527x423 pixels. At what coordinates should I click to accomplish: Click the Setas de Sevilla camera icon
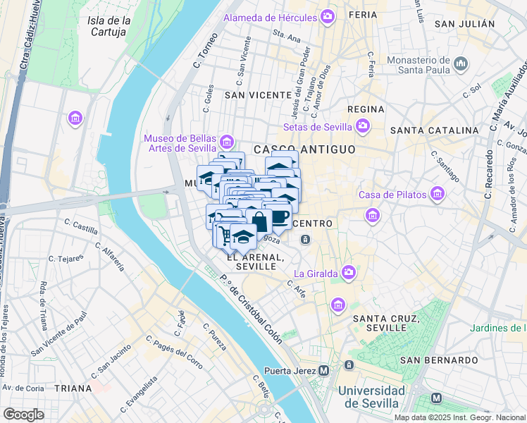pos(363,127)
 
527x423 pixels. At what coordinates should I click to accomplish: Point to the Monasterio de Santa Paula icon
pos(461,64)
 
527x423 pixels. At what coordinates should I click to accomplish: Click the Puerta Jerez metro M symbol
pos(323,370)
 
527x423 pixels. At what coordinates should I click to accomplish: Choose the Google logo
pos(24,414)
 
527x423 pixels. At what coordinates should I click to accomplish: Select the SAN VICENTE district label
pos(258,94)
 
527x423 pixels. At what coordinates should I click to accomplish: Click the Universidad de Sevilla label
pos(371,397)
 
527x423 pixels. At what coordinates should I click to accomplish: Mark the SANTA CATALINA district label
pos(434,130)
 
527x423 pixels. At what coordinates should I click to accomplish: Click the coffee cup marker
pos(280,216)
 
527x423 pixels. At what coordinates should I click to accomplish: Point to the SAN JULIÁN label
pos(465,24)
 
